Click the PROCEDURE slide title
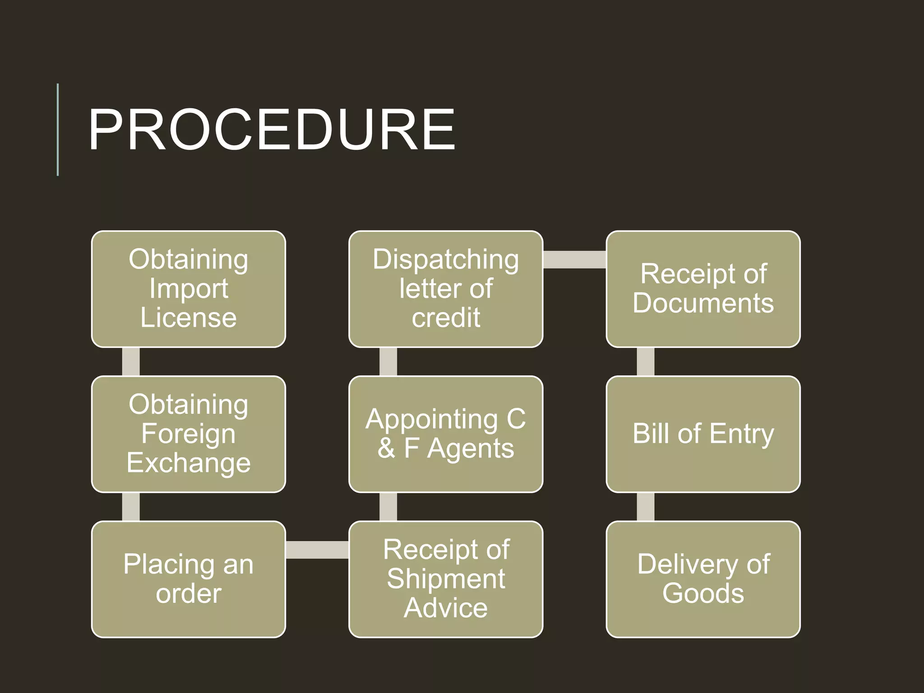pos(272,130)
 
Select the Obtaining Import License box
pos(189,289)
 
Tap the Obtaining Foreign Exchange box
pos(189,434)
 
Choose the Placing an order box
pos(189,579)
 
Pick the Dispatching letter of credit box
pos(446,289)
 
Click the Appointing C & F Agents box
pos(446,434)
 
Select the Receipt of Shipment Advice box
pos(446,579)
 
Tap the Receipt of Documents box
pos(703,289)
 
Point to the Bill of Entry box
pos(703,434)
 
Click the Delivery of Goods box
pos(703,579)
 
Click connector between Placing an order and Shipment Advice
pos(317,550)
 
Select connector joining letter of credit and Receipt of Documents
pos(574,259)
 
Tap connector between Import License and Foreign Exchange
pos(131,361)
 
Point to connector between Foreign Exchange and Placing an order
pos(131,507)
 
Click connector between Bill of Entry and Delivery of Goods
pos(646,507)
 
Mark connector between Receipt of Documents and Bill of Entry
pos(646,361)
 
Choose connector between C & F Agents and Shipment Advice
pos(388,507)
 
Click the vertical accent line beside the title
pos(58,129)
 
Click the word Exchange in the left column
pos(189,463)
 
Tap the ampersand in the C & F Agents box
pos(386,448)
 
